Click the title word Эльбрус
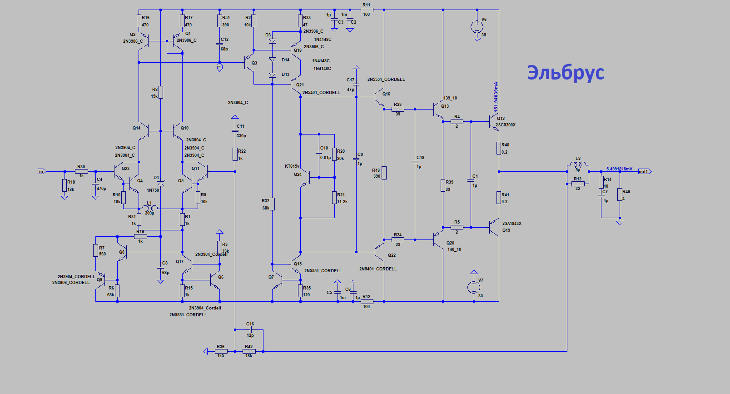point(565,73)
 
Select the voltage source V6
point(477,26)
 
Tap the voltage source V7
point(474,287)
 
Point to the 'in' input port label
point(41,171)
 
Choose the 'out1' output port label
point(644,171)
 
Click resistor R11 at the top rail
point(367,10)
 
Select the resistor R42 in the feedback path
point(249,351)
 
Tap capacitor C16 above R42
point(250,329)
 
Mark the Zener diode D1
point(160,184)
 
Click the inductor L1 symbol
point(149,209)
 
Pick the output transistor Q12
point(494,122)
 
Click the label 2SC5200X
point(506,125)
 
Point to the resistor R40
point(499,148)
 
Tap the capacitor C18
point(415,162)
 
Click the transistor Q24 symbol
point(306,178)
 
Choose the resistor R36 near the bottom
point(221,351)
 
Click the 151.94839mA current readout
point(496,97)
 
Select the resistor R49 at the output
point(620,195)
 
